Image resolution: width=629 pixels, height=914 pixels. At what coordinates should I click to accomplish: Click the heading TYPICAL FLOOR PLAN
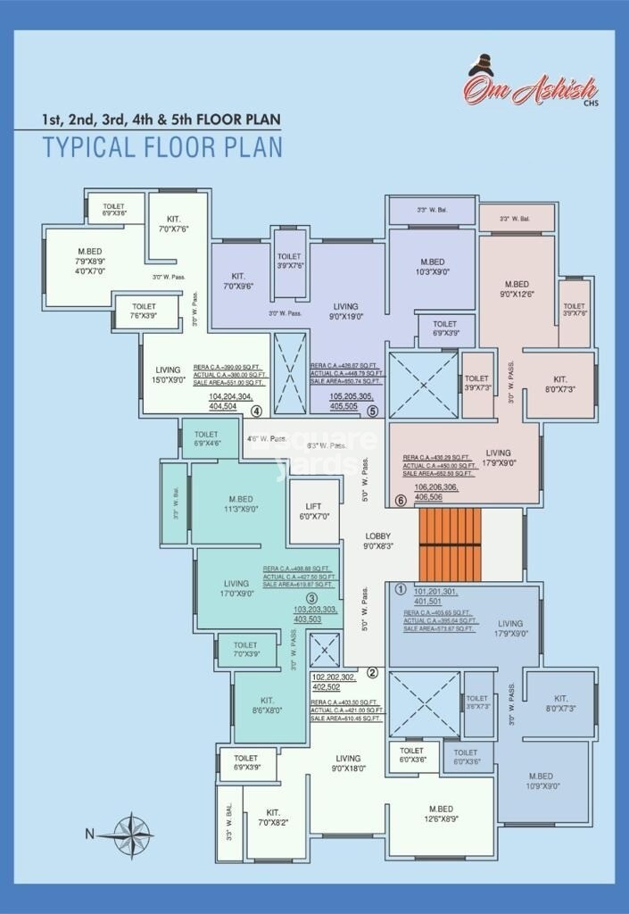coord(163,147)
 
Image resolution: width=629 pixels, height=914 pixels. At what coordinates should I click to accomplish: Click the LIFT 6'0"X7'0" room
coord(314,511)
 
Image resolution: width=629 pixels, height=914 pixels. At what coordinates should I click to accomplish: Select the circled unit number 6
coord(401,501)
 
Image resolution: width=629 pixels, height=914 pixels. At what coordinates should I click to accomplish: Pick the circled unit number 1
coord(401,590)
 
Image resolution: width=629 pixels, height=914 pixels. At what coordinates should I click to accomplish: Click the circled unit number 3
coord(311,598)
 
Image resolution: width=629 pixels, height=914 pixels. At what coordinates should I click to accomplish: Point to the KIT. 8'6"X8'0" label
coord(267,705)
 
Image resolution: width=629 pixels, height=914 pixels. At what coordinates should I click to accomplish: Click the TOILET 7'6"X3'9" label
coord(144,311)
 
